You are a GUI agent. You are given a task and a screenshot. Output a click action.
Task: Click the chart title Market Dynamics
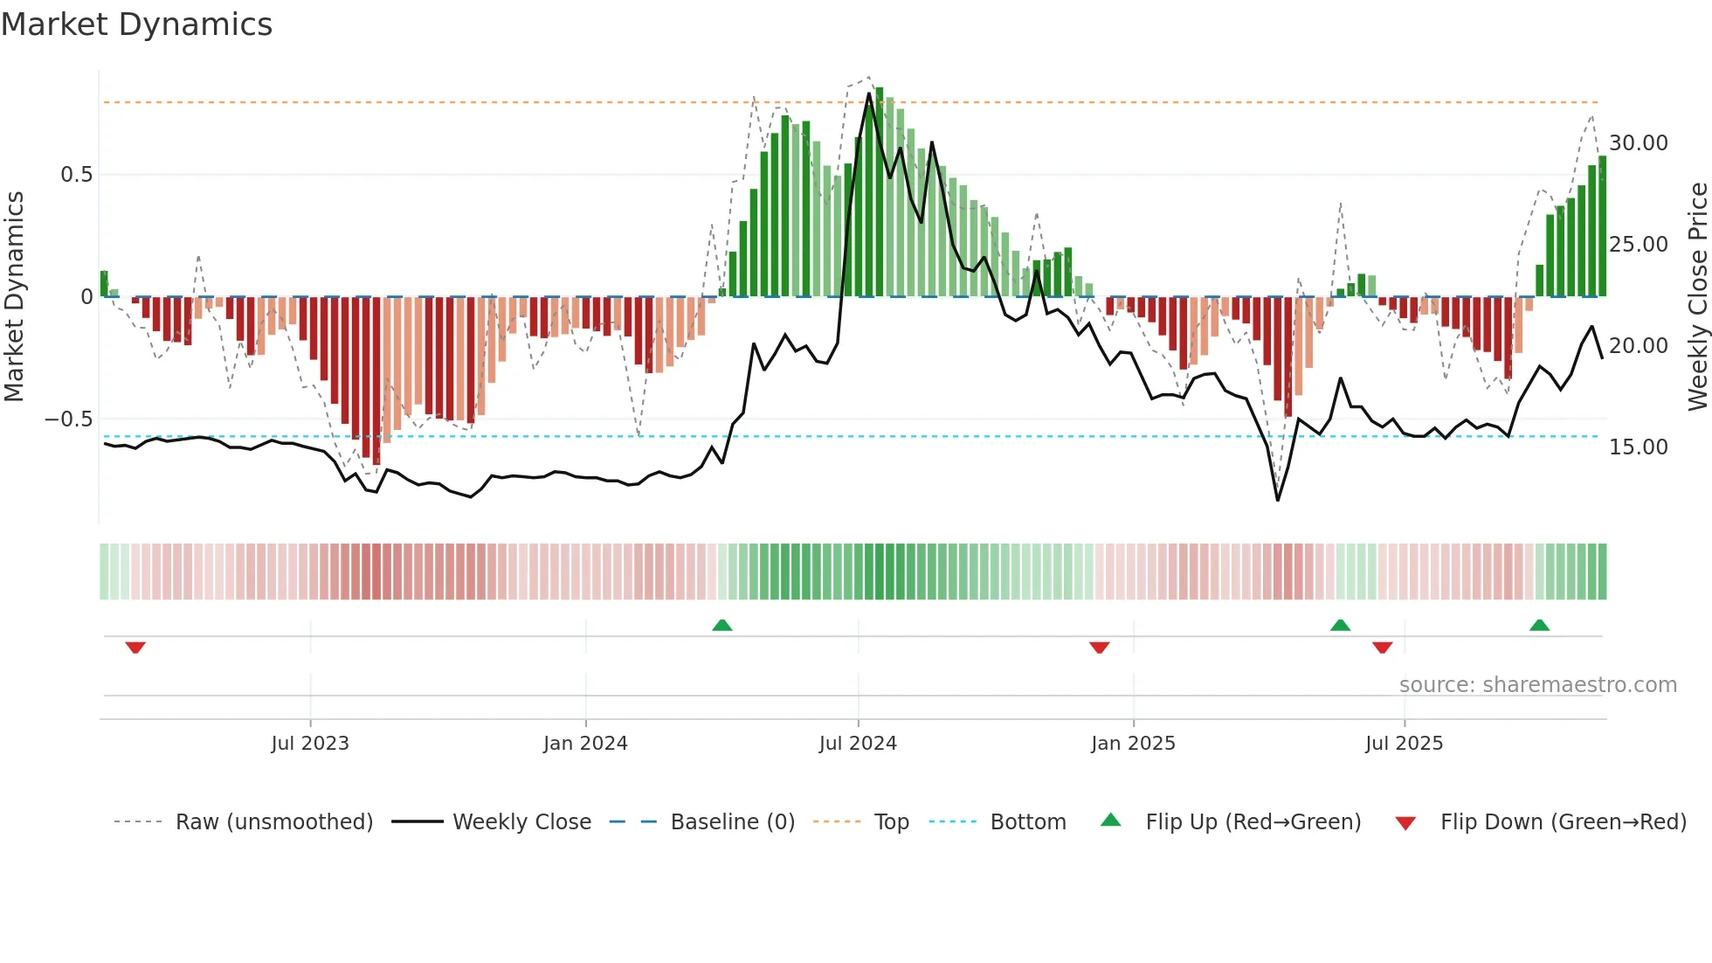click(x=136, y=24)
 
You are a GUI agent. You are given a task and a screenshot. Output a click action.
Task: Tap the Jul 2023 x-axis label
click(x=310, y=744)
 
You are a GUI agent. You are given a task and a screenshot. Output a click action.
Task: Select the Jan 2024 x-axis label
click(x=585, y=744)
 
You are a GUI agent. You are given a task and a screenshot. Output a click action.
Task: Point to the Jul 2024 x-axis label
click(x=858, y=744)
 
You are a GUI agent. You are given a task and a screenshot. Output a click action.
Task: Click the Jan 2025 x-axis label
click(x=1133, y=744)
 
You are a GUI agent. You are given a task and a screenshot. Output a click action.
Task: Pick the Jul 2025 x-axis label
click(x=1404, y=744)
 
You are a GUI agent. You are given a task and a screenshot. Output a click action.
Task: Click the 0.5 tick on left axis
click(x=76, y=175)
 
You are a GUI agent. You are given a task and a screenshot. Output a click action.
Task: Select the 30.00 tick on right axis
click(x=1639, y=143)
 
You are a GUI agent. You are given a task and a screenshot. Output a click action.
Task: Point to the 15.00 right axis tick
click(x=1639, y=447)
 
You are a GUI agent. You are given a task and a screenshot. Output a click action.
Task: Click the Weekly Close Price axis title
click(x=1697, y=297)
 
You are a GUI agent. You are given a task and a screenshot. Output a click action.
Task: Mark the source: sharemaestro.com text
click(x=1537, y=685)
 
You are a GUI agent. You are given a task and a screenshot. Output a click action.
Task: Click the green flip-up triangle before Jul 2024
click(x=721, y=625)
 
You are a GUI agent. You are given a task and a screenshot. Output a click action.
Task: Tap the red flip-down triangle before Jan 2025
click(x=1099, y=648)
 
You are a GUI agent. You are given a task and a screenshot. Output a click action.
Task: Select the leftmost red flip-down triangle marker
click(x=135, y=648)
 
